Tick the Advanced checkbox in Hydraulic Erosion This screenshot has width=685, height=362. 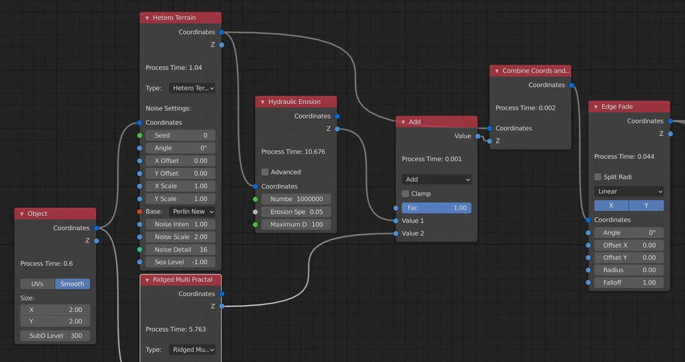point(265,172)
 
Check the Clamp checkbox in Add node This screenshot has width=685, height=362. point(405,194)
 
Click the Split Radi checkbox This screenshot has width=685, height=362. point(598,177)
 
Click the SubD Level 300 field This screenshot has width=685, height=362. point(55,336)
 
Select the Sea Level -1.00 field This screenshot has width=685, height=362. point(181,262)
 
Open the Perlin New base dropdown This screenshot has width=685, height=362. point(192,212)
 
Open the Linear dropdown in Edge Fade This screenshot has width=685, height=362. point(629,191)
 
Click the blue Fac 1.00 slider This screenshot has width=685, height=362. point(436,208)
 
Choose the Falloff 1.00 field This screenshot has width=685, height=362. point(629,282)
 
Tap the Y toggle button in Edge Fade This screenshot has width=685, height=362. point(646,205)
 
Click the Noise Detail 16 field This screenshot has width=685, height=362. point(181,250)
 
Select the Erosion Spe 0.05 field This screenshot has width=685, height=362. point(296,212)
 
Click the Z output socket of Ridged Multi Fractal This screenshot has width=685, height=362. point(221,306)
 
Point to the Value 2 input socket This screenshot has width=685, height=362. point(396,234)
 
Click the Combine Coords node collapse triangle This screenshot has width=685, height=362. point(497,71)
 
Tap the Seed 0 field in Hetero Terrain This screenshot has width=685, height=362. point(181,136)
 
